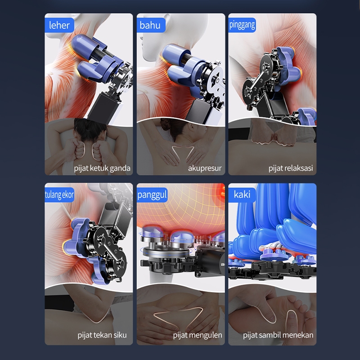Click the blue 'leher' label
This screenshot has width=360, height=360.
pos(59,25)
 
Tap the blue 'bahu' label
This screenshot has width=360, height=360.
pos(151,25)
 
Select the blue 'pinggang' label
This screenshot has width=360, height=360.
pos(242,25)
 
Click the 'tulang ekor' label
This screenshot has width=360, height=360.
pos(59,195)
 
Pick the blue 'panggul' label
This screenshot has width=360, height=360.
pos(152,195)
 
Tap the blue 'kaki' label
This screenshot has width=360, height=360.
pos(242,195)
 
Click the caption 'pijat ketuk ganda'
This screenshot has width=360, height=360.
pos(102,168)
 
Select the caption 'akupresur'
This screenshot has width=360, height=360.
pos(205,168)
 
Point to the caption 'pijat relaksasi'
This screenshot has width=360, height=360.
pos(291,168)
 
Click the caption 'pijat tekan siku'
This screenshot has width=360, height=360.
pos(102,335)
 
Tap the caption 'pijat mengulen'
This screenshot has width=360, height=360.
pos(198,335)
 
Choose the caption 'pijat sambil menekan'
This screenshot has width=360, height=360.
pos(278,335)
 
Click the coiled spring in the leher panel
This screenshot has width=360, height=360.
pos(100,55)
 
